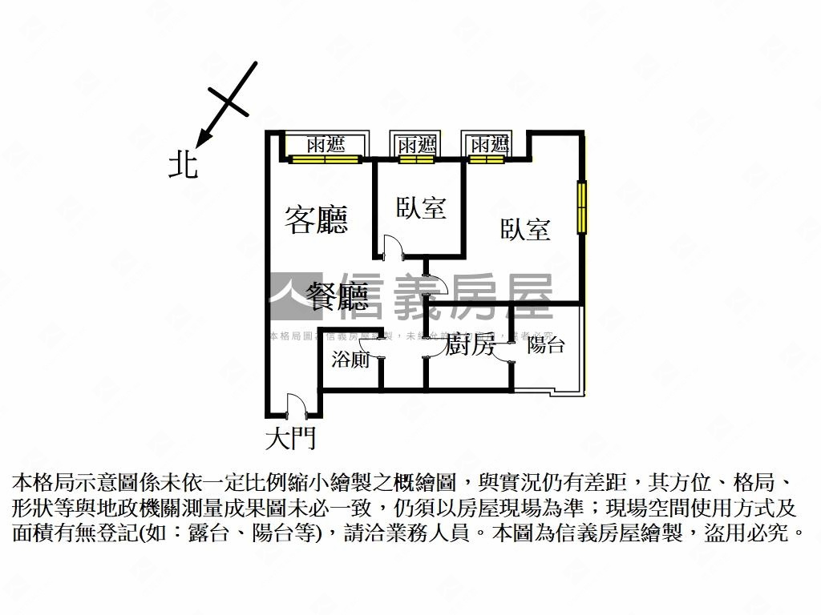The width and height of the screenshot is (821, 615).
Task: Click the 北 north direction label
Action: click(x=184, y=165)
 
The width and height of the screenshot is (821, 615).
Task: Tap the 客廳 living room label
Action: click(x=317, y=219)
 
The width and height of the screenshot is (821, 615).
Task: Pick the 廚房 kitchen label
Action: click(x=470, y=347)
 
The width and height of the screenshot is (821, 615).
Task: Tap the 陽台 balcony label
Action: click(x=545, y=346)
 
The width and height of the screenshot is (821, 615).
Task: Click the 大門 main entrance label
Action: click(x=290, y=438)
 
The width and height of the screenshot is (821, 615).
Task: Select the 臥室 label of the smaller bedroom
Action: click(x=421, y=209)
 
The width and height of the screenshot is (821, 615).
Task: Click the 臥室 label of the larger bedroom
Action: click(x=526, y=231)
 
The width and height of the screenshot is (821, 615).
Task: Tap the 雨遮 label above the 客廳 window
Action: click(x=326, y=145)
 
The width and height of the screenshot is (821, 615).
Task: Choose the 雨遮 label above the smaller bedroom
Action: click(x=416, y=145)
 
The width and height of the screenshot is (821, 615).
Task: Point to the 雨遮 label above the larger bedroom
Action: click(x=490, y=145)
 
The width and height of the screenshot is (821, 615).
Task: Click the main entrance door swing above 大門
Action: click(x=294, y=405)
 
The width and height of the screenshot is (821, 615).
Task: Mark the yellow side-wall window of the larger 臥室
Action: click(x=581, y=207)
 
